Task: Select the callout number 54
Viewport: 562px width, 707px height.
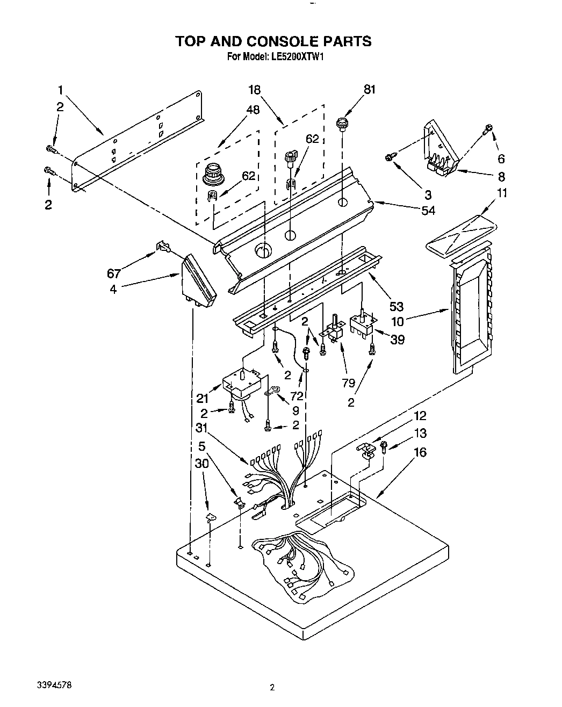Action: (428, 211)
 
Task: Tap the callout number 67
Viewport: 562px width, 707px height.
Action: (114, 273)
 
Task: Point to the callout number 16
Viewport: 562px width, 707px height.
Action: (420, 452)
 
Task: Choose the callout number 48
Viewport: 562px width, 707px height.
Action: (252, 110)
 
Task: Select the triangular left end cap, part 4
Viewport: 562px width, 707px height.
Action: (198, 280)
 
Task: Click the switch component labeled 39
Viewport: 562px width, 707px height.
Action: (362, 325)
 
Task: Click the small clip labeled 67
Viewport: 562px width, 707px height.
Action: (162, 247)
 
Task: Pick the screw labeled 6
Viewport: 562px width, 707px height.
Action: (488, 128)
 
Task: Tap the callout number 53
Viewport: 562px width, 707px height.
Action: (396, 306)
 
